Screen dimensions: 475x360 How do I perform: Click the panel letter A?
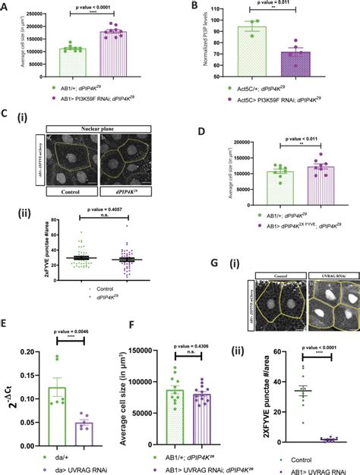pos(6,7)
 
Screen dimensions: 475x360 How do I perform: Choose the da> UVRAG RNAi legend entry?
pos(64,462)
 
